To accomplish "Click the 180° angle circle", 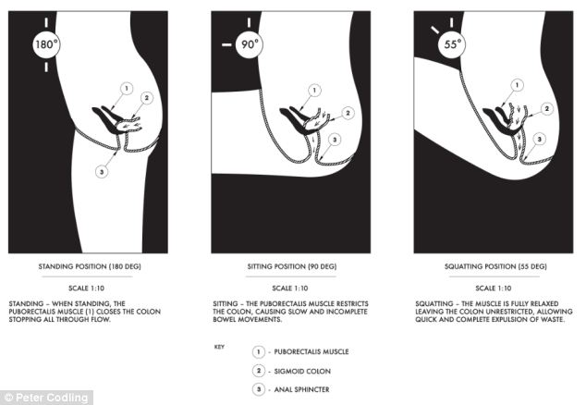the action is coord(46,44).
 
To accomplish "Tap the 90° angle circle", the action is coord(250,44).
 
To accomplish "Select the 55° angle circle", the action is coord(452,44).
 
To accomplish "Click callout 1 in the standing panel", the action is coord(127,89).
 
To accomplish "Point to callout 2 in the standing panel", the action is coord(146,98).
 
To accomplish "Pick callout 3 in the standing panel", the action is coord(102,172).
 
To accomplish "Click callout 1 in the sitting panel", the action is coord(314,90).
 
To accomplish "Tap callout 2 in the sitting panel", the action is coord(348,113).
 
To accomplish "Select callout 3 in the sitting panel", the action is coord(335,140).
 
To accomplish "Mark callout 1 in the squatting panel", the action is coord(518,86).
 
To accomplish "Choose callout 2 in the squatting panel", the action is coord(547,109).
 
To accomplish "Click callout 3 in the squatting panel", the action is coord(539,140).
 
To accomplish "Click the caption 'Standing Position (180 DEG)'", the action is coord(90,266).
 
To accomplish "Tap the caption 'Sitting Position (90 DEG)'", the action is coord(292,266).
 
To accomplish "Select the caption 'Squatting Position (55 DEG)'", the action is coord(495,266).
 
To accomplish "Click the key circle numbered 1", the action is coord(258,352).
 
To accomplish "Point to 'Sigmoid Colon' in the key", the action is coord(302,372).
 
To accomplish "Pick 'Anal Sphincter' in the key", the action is coord(302,389).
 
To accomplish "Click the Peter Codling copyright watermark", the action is coord(46,398).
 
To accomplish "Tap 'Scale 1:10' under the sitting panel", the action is coord(290,288).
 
